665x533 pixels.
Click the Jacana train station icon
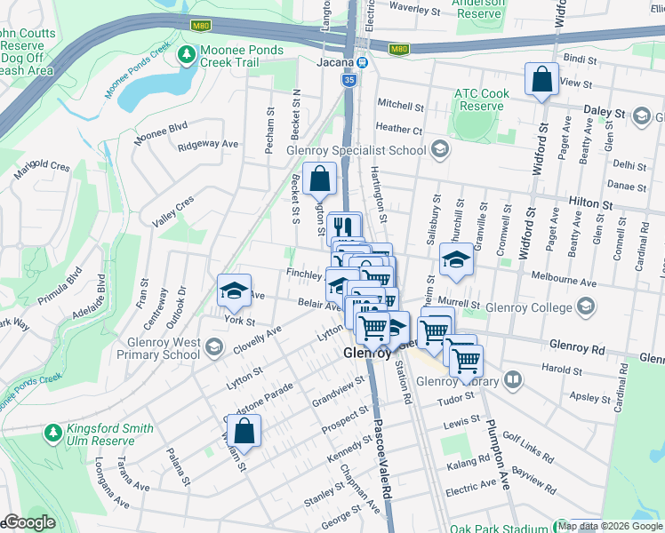pos(363,63)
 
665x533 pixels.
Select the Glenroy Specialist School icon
pos(438,150)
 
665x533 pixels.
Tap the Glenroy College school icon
pos(585,307)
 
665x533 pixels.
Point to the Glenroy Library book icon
pos(512,381)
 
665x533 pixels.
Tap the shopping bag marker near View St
pos(541,81)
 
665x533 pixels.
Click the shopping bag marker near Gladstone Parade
pos(244,433)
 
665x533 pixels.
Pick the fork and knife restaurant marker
pos(344,228)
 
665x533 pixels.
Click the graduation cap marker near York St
pos(234,290)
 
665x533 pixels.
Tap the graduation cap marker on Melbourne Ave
pos(455,260)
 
